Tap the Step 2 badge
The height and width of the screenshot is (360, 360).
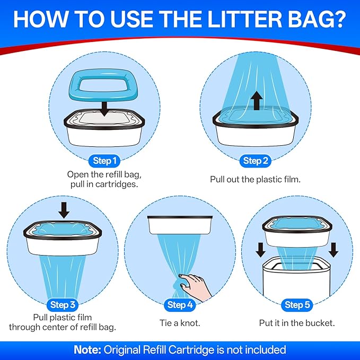pos(256,161)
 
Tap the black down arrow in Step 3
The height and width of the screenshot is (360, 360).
pos(64,210)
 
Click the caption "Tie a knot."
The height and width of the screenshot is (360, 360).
pos(180,322)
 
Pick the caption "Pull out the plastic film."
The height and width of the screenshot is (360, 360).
pos(255,179)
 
